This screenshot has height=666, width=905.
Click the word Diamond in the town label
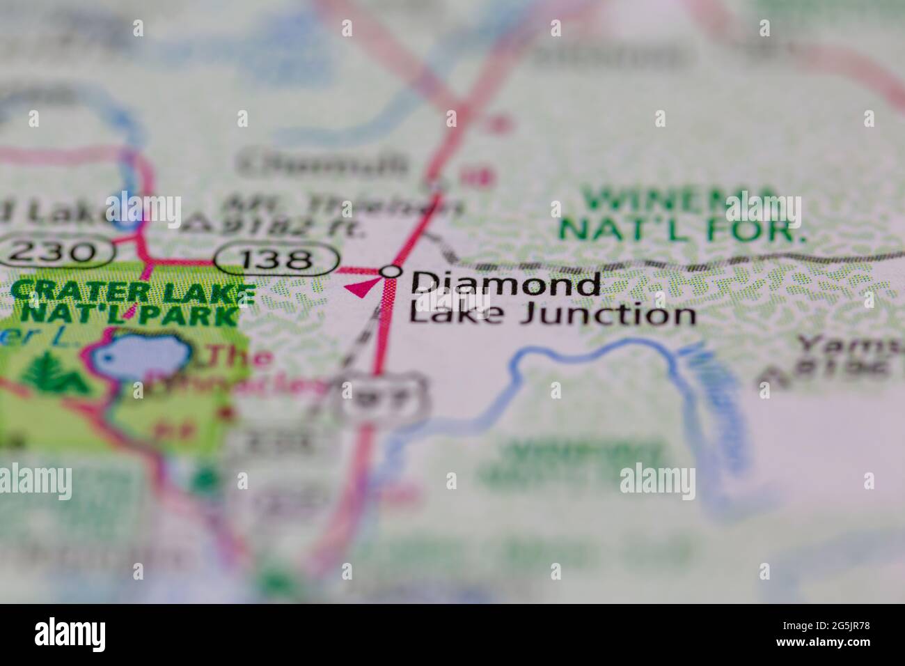(505, 284)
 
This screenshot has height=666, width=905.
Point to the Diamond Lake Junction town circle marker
(392, 272)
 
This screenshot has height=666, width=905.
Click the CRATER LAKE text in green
(132, 291)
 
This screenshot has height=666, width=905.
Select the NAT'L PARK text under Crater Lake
(129, 315)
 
